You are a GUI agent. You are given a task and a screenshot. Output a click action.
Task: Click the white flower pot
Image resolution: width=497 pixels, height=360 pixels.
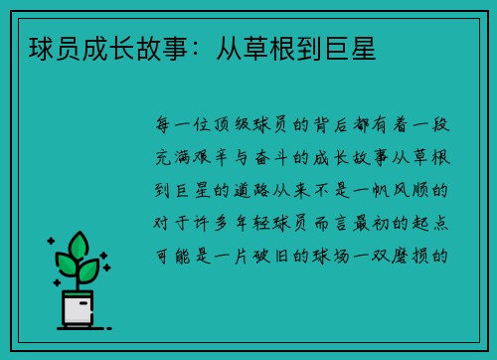click(79, 307)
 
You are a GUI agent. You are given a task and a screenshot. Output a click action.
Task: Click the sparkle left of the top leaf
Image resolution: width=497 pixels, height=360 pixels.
click(52, 242)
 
